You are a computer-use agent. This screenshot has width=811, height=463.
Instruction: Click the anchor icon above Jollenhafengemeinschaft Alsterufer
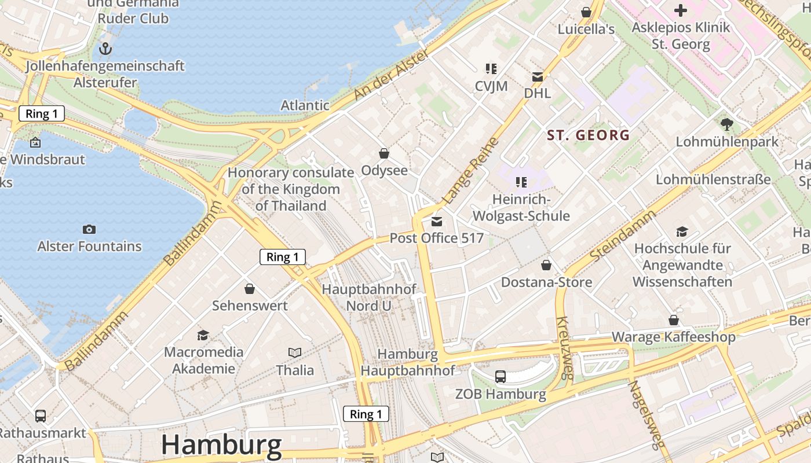point(105,49)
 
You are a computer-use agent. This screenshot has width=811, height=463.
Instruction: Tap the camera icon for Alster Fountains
point(89,230)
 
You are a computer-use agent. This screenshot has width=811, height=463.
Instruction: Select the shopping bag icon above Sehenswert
point(250,288)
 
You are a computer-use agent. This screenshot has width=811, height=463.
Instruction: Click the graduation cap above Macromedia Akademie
point(203,335)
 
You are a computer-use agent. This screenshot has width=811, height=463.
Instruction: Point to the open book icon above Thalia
point(295,352)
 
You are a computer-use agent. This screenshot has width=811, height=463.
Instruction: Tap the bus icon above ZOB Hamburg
point(501,377)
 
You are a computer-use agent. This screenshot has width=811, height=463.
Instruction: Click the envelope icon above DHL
point(538,76)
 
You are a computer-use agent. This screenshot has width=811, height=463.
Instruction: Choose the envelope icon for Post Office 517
point(437,221)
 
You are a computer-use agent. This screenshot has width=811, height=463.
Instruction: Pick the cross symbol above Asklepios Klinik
point(681,10)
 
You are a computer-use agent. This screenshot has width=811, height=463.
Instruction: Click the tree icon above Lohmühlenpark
point(726,124)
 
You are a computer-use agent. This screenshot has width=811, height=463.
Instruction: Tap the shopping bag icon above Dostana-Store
point(546,265)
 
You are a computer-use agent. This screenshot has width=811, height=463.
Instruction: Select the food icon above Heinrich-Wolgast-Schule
point(521,182)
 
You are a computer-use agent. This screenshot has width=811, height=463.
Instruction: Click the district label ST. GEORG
point(589,135)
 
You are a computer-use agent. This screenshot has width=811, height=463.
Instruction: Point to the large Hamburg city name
point(221,444)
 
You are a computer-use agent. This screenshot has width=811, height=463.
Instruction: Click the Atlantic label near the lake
point(305,105)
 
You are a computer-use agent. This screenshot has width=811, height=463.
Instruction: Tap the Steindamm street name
point(623,235)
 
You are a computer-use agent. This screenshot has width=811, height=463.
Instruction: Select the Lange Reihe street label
point(471,171)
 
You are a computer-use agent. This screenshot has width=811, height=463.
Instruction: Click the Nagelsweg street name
point(644,414)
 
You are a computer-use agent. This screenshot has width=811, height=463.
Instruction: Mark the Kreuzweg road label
point(564,347)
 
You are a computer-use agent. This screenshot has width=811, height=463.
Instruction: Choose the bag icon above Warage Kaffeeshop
point(674,320)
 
